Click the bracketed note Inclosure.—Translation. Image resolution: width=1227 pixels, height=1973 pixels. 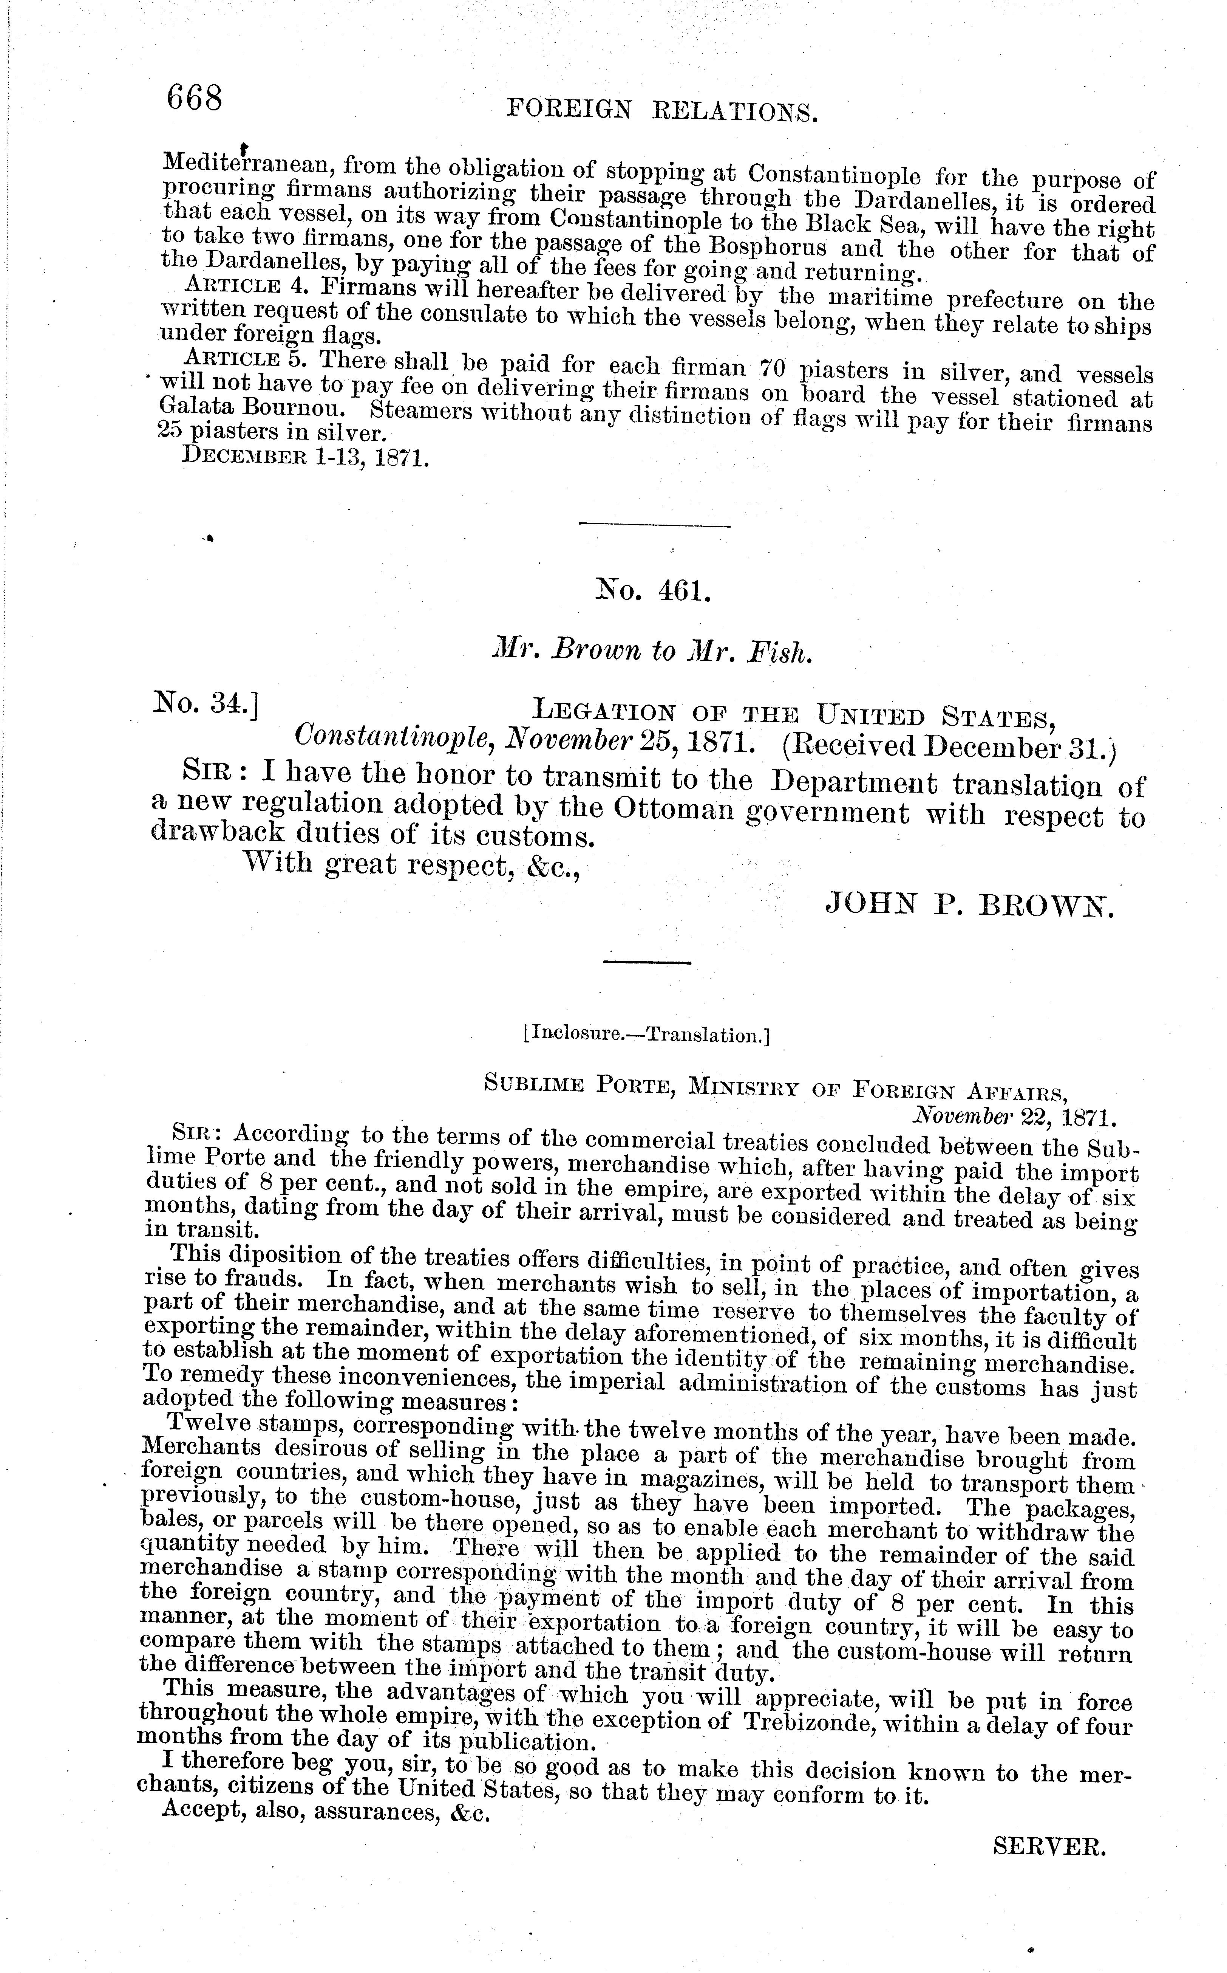coord(647,1035)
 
